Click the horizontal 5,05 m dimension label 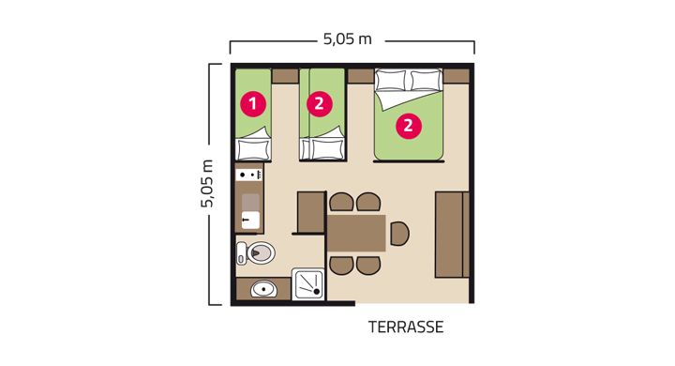click(x=348, y=39)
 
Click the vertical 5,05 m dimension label click(x=207, y=184)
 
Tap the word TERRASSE click(x=406, y=328)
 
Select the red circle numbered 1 click(x=253, y=104)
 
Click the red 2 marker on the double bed click(x=408, y=126)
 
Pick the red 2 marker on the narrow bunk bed click(x=319, y=103)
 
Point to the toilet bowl click(x=261, y=252)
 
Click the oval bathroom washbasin click(x=263, y=289)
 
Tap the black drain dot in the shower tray click(x=317, y=292)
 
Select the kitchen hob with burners click(x=249, y=175)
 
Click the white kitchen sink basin click(x=250, y=220)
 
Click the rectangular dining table click(x=356, y=234)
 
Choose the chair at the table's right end click(x=400, y=234)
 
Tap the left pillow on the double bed click(x=390, y=80)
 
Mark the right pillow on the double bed click(x=426, y=80)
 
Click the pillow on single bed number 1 click(x=253, y=149)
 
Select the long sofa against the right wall click(x=452, y=235)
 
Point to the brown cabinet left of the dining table click(x=311, y=212)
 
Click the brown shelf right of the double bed click(x=456, y=76)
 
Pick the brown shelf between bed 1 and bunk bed click(x=285, y=76)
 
